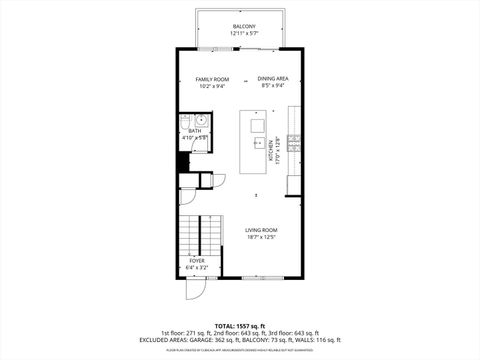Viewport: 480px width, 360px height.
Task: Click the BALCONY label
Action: (x=243, y=26)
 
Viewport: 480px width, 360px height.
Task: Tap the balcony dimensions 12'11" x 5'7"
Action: (x=243, y=33)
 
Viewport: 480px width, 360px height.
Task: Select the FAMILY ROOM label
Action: (x=211, y=79)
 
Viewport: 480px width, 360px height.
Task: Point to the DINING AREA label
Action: (x=272, y=79)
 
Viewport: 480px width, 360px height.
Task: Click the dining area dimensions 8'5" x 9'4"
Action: (x=272, y=86)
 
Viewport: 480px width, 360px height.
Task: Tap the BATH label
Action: (x=194, y=130)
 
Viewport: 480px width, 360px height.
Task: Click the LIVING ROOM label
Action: (x=261, y=229)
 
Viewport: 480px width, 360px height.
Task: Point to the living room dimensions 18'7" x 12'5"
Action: (x=261, y=236)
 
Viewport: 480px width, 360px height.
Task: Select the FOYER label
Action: (x=197, y=260)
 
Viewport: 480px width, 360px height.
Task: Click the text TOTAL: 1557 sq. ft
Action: (x=239, y=326)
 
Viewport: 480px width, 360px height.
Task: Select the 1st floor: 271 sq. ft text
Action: (x=183, y=333)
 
